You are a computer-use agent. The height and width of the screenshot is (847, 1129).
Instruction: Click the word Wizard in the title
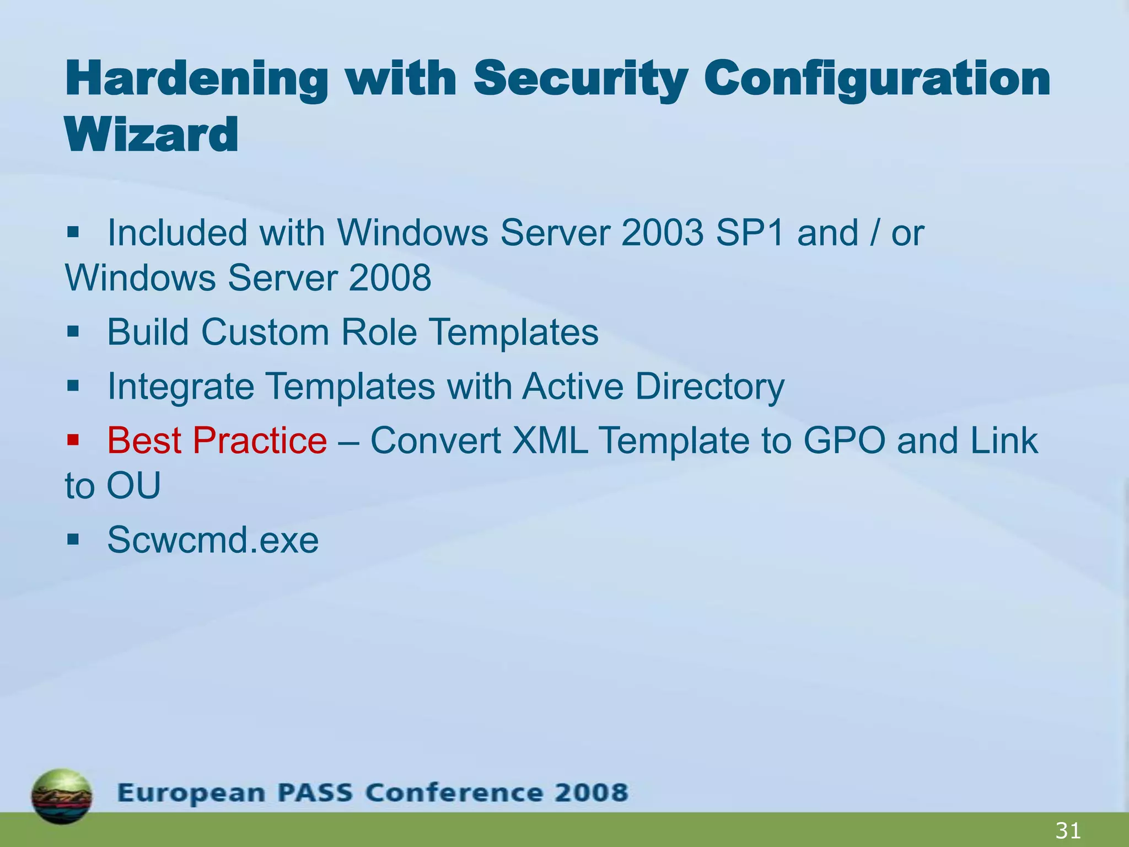click(x=152, y=135)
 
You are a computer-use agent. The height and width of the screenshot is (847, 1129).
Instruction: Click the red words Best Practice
click(x=217, y=441)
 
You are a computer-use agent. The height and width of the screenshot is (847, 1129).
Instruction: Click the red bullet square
click(x=73, y=440)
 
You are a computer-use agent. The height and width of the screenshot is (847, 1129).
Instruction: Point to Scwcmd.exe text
click(x=213, y=540)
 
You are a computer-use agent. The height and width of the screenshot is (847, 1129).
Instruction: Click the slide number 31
click(x=1067, y=830)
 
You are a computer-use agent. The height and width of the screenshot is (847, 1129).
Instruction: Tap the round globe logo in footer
click(x=62, y=796)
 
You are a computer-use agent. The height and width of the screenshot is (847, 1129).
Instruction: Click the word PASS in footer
click(x=314, y=793)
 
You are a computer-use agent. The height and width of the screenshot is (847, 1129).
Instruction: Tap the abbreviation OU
click(x=133, y=486)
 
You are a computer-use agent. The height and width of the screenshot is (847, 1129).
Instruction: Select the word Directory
click(x=709, y=387)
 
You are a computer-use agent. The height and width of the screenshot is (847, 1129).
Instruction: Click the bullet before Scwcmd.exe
click(x=73, y=539)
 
